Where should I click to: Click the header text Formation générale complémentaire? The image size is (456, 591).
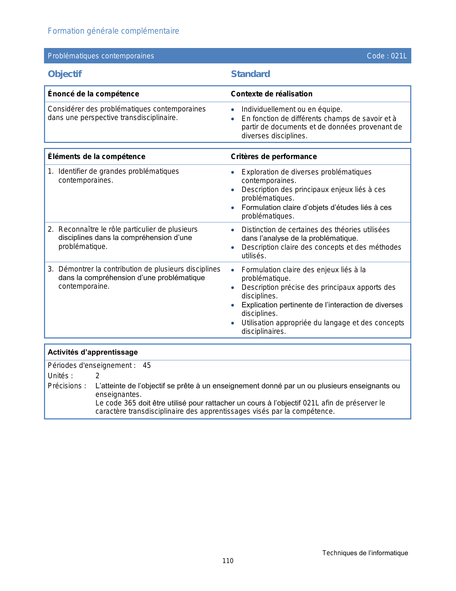point(113,31)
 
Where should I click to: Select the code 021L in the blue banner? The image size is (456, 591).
point(399,56)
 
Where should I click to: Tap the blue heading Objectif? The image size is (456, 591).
point(65,74)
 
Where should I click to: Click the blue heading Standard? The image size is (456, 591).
point(250,74)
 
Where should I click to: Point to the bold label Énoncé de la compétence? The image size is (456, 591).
point(93,94)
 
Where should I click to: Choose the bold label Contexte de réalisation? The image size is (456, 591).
point(271,94)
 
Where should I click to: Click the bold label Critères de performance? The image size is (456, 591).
point(274,157)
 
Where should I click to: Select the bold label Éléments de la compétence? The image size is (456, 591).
point(97,157)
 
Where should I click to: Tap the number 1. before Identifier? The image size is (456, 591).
point(50,172)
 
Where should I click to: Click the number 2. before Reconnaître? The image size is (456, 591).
point(50,229)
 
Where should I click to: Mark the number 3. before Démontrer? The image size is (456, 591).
point(50,269)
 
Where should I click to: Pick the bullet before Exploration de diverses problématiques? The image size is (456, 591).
point(233,172)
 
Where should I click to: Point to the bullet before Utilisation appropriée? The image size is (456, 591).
point(233,323)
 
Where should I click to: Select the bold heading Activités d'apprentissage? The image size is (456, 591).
point(93,352)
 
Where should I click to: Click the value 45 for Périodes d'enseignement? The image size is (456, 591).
point(147,366)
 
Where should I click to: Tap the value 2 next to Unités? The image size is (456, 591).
point(97,376)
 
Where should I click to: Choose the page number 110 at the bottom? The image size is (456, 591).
point(228,561)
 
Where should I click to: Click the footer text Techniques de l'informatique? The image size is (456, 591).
point(365,553)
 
